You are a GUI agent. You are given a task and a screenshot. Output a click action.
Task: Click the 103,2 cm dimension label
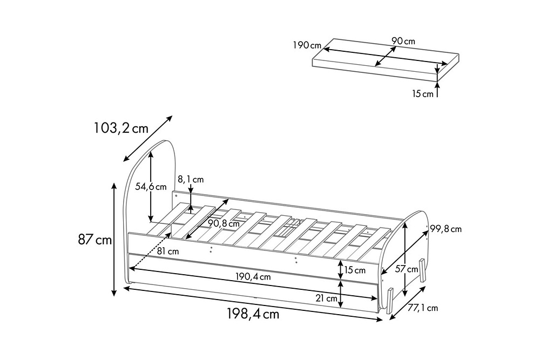click(x=121, y=128)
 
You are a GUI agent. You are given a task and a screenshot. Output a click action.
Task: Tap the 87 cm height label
click(x=94, y=240)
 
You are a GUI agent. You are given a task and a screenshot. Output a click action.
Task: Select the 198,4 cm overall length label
click(x=253, y=314)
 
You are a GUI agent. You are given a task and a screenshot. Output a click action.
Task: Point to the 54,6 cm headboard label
click(x=151, y=187)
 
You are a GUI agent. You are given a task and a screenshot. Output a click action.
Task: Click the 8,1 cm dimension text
click(x=191, y=179)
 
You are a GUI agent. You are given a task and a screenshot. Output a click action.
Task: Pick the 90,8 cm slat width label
click(x=224, y=223)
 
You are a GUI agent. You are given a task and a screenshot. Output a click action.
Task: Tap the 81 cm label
click(x=168, y=251)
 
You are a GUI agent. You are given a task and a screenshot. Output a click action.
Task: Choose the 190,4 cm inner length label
click(x=253, y=276)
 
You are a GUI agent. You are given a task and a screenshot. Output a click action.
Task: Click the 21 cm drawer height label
click(x=327, y=298)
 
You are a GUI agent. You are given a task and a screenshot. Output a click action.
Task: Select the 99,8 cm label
click(x=446, y=229)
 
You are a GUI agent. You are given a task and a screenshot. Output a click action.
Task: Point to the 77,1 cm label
click(x=423, y=308)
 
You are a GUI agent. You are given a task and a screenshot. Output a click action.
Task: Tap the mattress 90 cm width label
click(x=403, y=41)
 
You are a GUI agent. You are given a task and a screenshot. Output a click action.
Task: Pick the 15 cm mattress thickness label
click(x=423, y=93)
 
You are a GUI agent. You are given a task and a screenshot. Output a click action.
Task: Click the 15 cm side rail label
click(x=354, y=270)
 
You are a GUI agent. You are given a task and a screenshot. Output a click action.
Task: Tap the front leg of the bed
click(x=390, y=301)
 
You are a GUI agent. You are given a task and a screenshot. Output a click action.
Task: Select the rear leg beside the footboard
click(x=423, y=271)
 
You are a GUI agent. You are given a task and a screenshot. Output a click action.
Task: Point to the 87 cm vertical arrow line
click(x=114, y=239)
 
